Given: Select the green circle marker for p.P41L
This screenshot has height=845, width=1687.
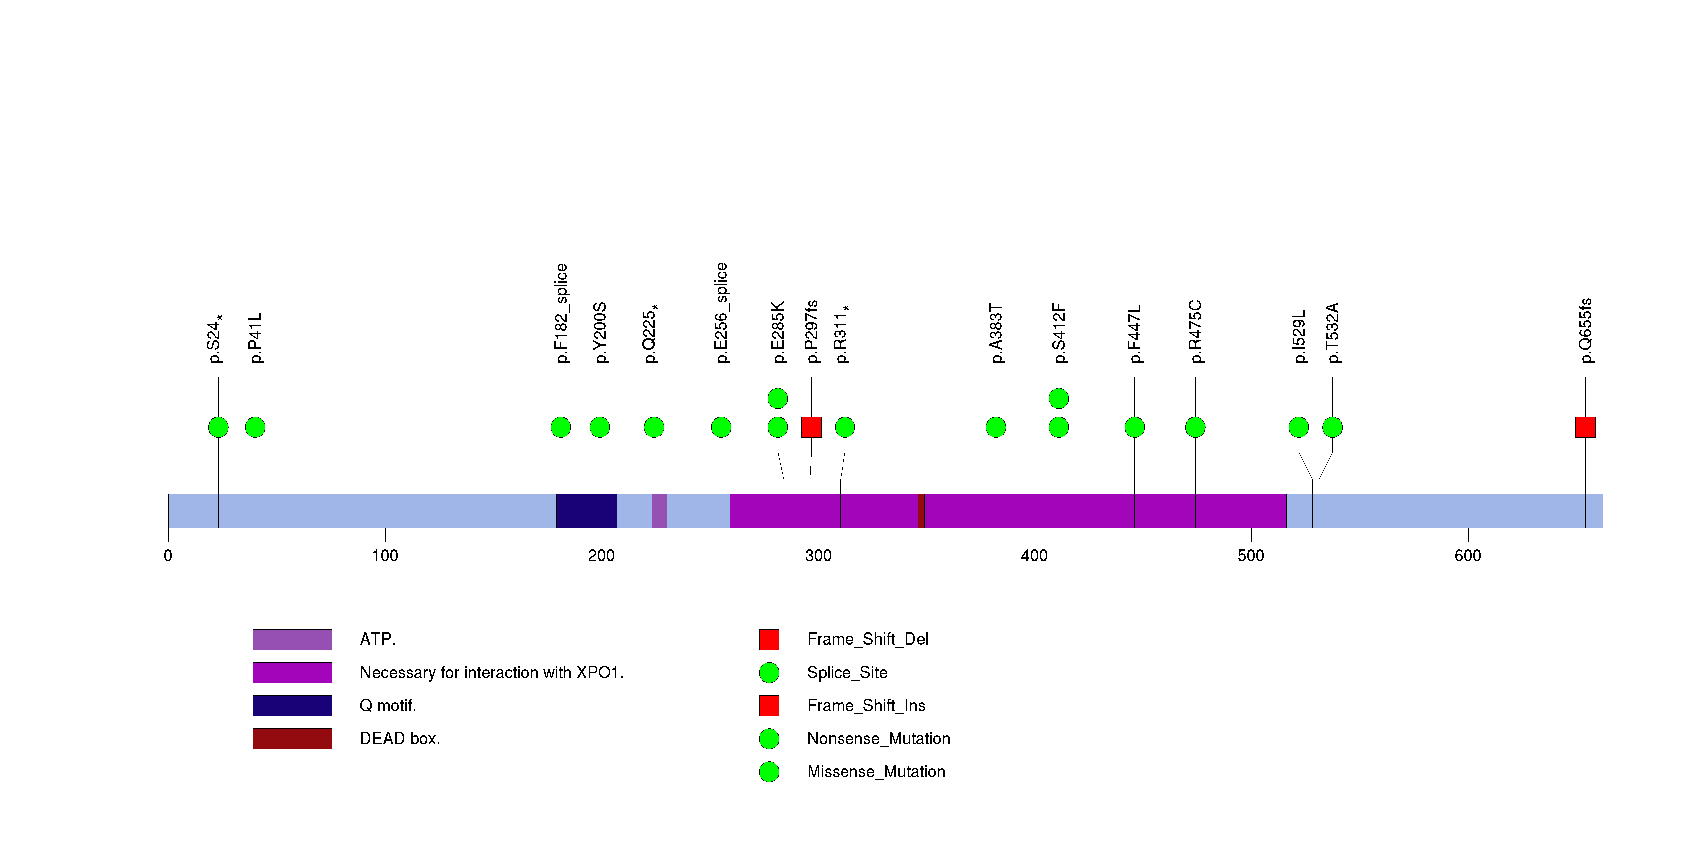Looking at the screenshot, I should (255, 427).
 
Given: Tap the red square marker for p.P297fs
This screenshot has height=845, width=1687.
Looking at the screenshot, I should (811, 427).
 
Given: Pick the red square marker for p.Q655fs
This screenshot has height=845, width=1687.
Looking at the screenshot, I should (1585, 427).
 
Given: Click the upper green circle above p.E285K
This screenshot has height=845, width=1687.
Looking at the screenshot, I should (778, 398).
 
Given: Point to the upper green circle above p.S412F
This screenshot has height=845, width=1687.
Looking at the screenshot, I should (1059, 398).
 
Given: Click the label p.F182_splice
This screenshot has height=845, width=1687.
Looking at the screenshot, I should (561, 313).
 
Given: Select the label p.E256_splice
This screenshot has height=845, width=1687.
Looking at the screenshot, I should (721, 312).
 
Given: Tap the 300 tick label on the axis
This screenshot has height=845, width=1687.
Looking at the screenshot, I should (818, 556).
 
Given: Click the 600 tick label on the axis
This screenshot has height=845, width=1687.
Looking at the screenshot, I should (1468, 556).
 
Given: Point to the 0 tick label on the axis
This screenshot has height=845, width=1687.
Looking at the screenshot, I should (168, 556).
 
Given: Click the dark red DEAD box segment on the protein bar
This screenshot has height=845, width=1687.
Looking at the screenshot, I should (921, 511).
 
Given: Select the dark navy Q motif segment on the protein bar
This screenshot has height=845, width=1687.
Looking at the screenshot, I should (586, 511).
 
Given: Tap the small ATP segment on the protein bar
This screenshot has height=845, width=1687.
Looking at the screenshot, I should (660, 511).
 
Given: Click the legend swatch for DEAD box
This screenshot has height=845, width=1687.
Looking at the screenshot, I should (292, 739).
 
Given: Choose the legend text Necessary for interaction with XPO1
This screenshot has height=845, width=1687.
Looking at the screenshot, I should (491, 672).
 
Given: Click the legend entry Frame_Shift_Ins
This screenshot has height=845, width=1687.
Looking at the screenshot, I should (866, 705).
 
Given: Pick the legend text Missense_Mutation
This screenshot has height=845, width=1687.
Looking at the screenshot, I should (875, 771).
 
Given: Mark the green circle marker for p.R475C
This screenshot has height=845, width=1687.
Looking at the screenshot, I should (1195, 427).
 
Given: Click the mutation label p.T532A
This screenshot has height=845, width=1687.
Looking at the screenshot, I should (1333, 333).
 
